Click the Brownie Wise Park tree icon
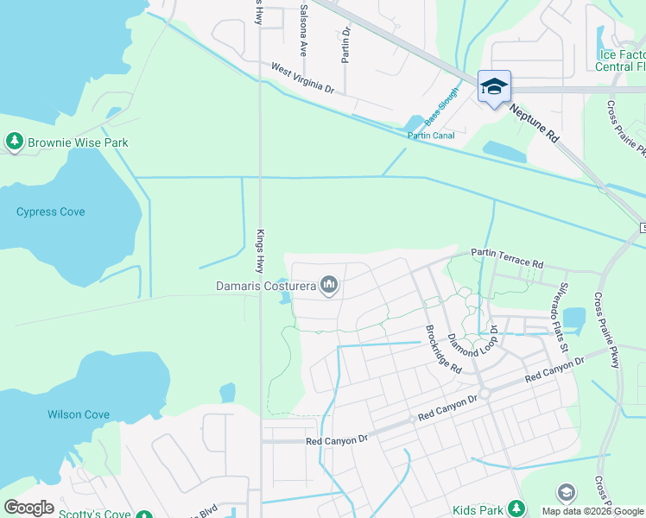[14, 142]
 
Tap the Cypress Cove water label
[50, 212]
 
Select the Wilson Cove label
[79, 414]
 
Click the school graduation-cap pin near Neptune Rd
[494, 88]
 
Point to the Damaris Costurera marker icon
[328, 284]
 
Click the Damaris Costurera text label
[265, 284]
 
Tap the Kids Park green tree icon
[516, 508]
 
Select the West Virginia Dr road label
[301, 77]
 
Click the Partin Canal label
[431, 135]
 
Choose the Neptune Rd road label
[535, 123]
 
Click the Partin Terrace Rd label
[507, 257]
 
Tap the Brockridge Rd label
[443, 348]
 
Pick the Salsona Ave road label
[303, 28]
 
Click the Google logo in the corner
[29, 507]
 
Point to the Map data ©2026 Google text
[592, 511]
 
